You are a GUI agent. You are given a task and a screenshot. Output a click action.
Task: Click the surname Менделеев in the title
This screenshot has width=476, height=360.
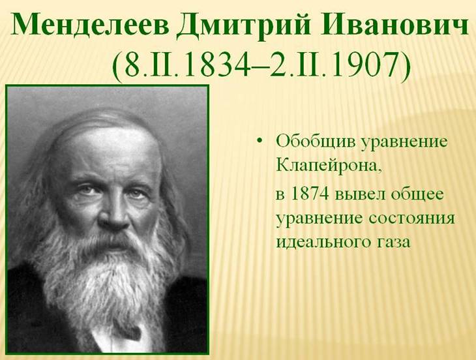click(x=91, y=25)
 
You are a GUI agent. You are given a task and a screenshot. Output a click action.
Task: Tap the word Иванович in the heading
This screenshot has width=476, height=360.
click(x=394, y=25)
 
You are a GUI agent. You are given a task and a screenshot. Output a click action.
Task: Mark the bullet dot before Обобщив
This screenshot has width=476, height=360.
click(x=259, y=142)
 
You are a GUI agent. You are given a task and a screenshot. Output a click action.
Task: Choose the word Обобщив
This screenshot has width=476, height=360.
click(x=316, y=142)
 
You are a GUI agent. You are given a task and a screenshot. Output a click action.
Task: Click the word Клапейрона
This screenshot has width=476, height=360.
click(x=329, y=166)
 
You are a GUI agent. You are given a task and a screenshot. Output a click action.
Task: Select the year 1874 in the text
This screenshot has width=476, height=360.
click(x=310, y=194)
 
